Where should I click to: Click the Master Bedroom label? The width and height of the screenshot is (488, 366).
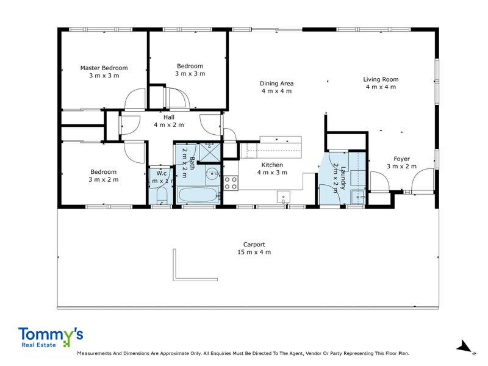click(104, 68)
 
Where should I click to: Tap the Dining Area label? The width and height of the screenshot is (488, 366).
click(277, 84)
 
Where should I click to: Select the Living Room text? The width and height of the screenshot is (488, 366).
click(381, 79)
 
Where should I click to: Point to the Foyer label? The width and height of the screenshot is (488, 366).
click(401, 159)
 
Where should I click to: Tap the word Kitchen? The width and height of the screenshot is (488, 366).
click(272, 165)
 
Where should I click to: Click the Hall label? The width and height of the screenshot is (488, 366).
click(168, 117)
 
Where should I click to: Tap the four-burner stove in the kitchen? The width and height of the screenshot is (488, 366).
click(231, 182)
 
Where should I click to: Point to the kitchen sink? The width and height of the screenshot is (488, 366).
click(282, 196)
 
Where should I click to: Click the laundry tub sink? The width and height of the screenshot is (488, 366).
click(358, 196)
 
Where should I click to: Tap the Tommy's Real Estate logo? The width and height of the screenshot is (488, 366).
click(51, 337)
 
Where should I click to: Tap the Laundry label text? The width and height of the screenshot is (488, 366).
click(343, 177)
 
